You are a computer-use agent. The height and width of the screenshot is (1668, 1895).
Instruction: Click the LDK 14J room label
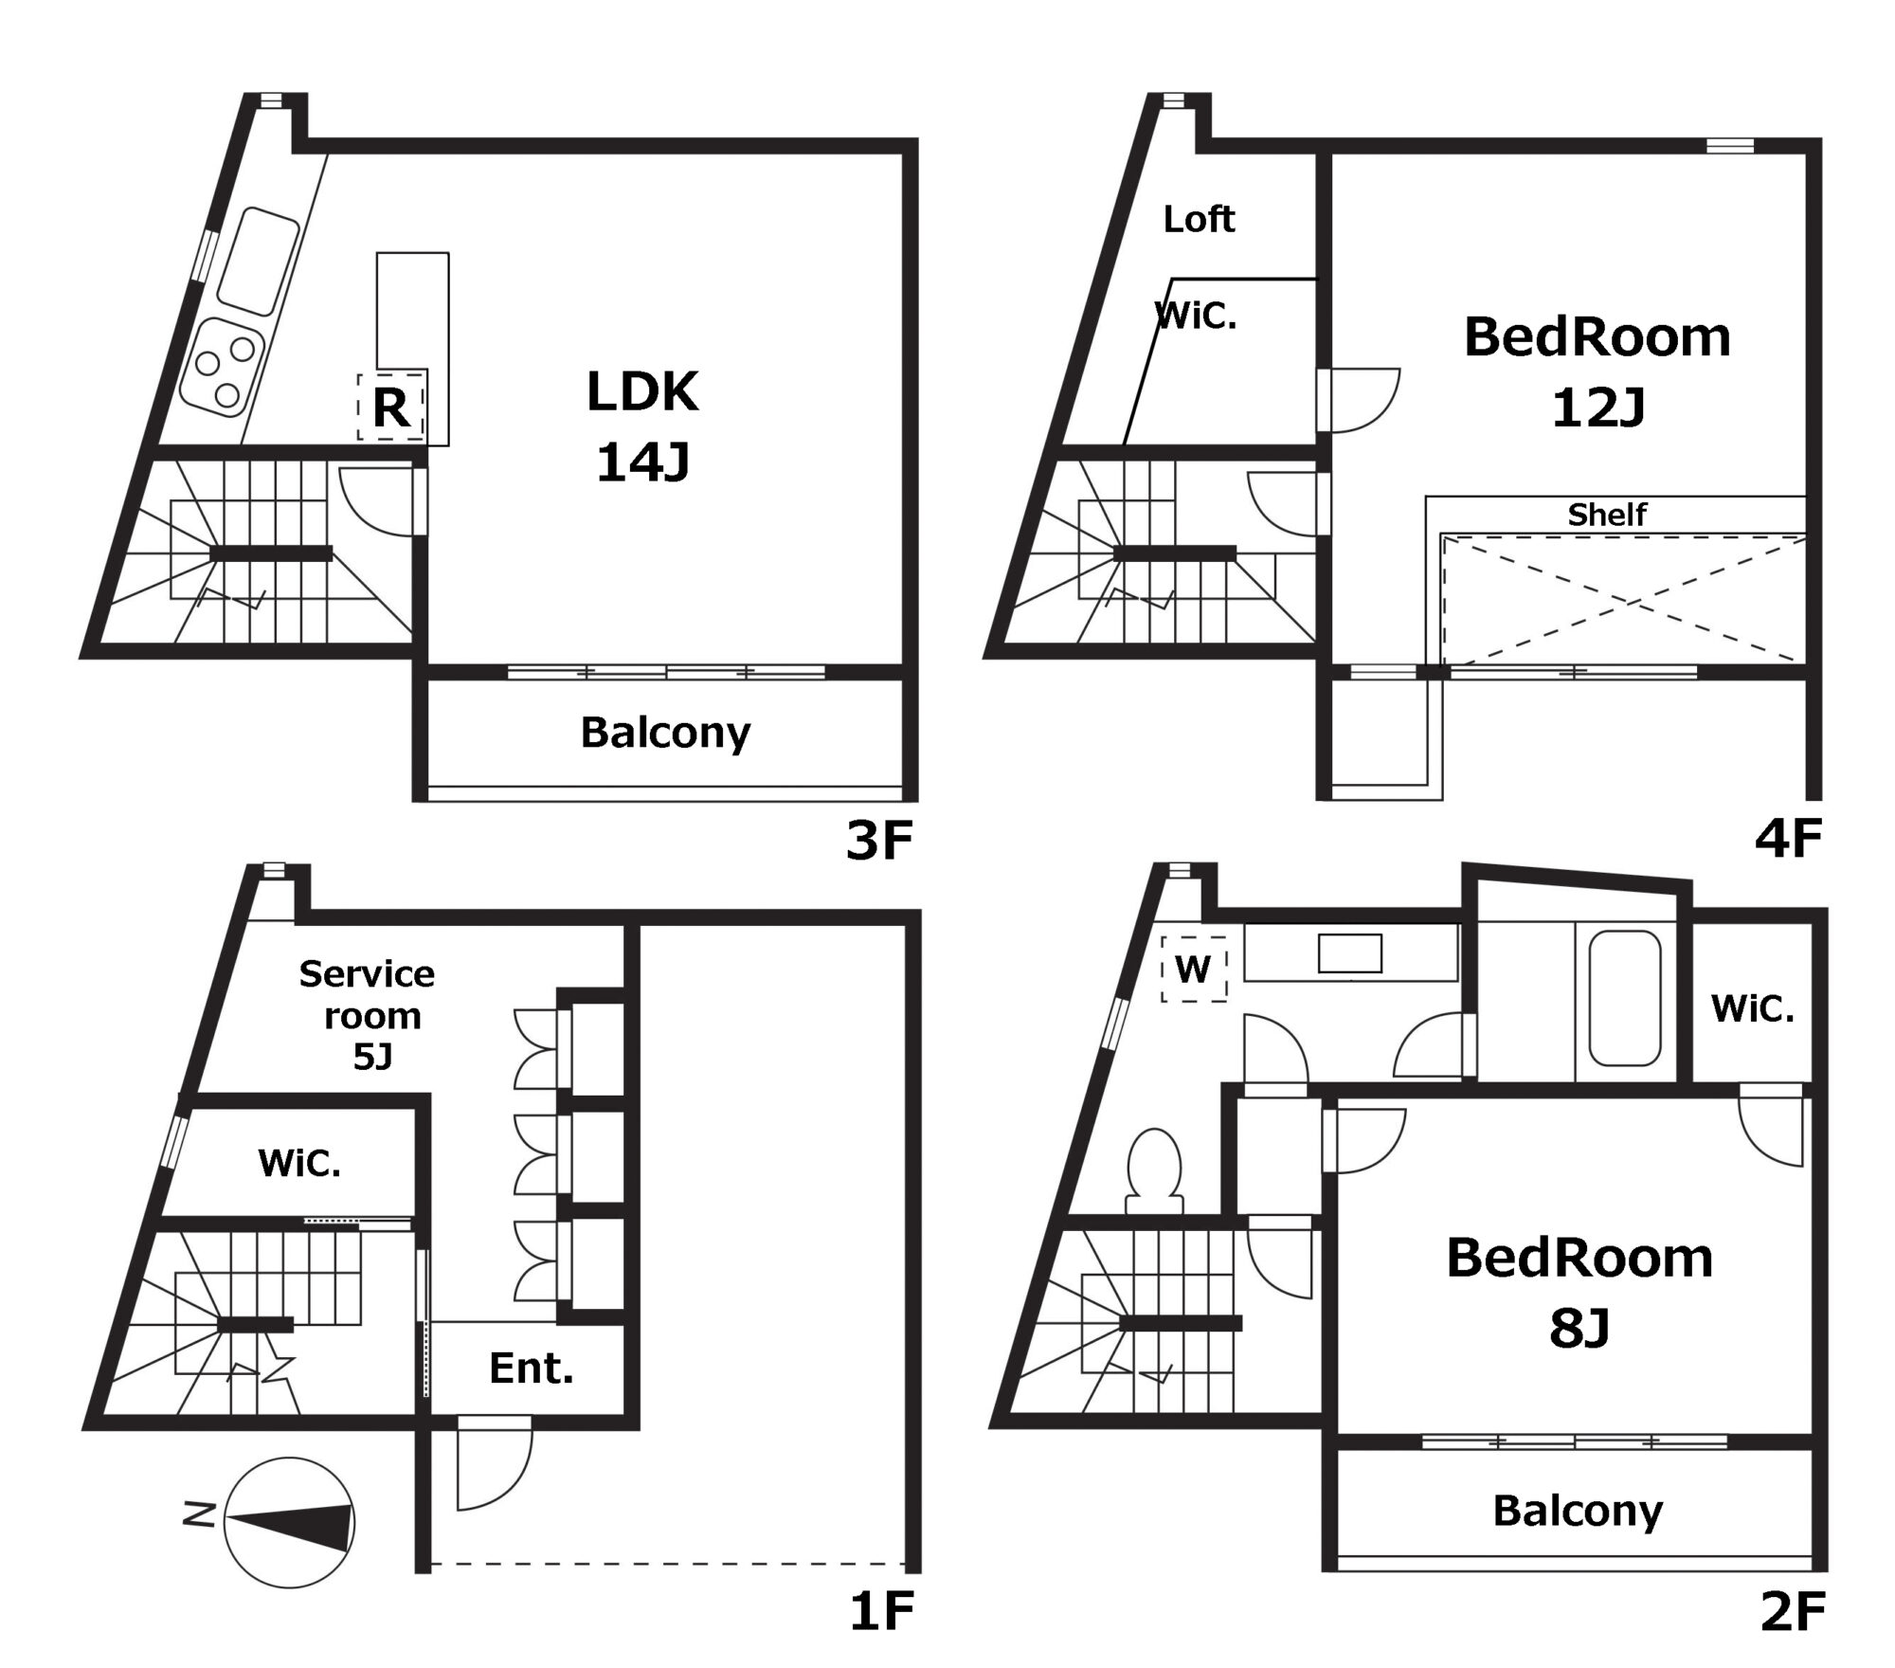click(642, 426)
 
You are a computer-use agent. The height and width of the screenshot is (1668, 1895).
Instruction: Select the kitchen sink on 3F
click(258, 261)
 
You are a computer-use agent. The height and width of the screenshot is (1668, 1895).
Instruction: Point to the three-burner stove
click(222, 368)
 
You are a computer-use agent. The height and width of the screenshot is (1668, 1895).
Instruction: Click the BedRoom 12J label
click(1597, 372)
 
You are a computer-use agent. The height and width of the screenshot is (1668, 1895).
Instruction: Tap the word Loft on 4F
click(1199, 220)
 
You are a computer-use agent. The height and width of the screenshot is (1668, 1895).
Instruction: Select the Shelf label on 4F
click(1607, 515)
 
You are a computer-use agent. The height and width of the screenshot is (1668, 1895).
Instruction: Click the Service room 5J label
click(368, 1015)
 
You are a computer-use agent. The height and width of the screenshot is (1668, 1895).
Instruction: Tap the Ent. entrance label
click(532, 1369)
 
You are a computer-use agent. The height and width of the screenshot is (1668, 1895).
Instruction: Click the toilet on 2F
click(1155, 1170)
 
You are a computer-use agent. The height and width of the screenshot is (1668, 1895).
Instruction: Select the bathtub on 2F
click(1624, 998)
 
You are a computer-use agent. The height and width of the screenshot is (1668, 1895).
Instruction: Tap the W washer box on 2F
click(1194, 969)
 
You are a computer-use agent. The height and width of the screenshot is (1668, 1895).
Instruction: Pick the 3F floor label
click(879, 841)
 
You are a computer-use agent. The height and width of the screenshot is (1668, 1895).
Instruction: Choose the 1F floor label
click(881, 1612)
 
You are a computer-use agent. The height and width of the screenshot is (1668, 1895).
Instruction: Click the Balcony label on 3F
click(666, 733)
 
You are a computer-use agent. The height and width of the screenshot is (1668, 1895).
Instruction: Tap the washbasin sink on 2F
click(1350, 953)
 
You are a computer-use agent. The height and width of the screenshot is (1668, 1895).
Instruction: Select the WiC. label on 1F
click(299, 1163)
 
